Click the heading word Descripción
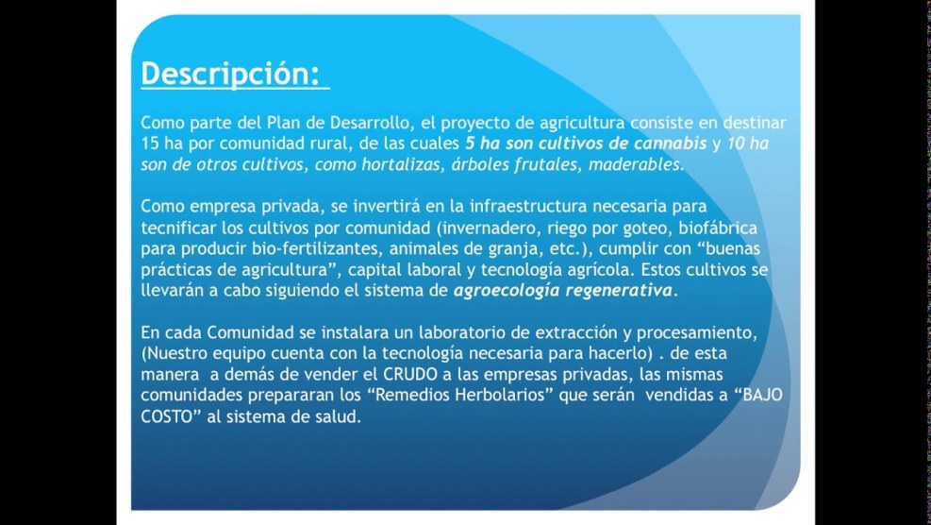click(230, 75)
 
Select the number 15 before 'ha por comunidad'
click(149, 144)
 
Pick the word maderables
click(636, 164)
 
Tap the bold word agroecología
click(507, 292)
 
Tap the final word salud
click(341, 416)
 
